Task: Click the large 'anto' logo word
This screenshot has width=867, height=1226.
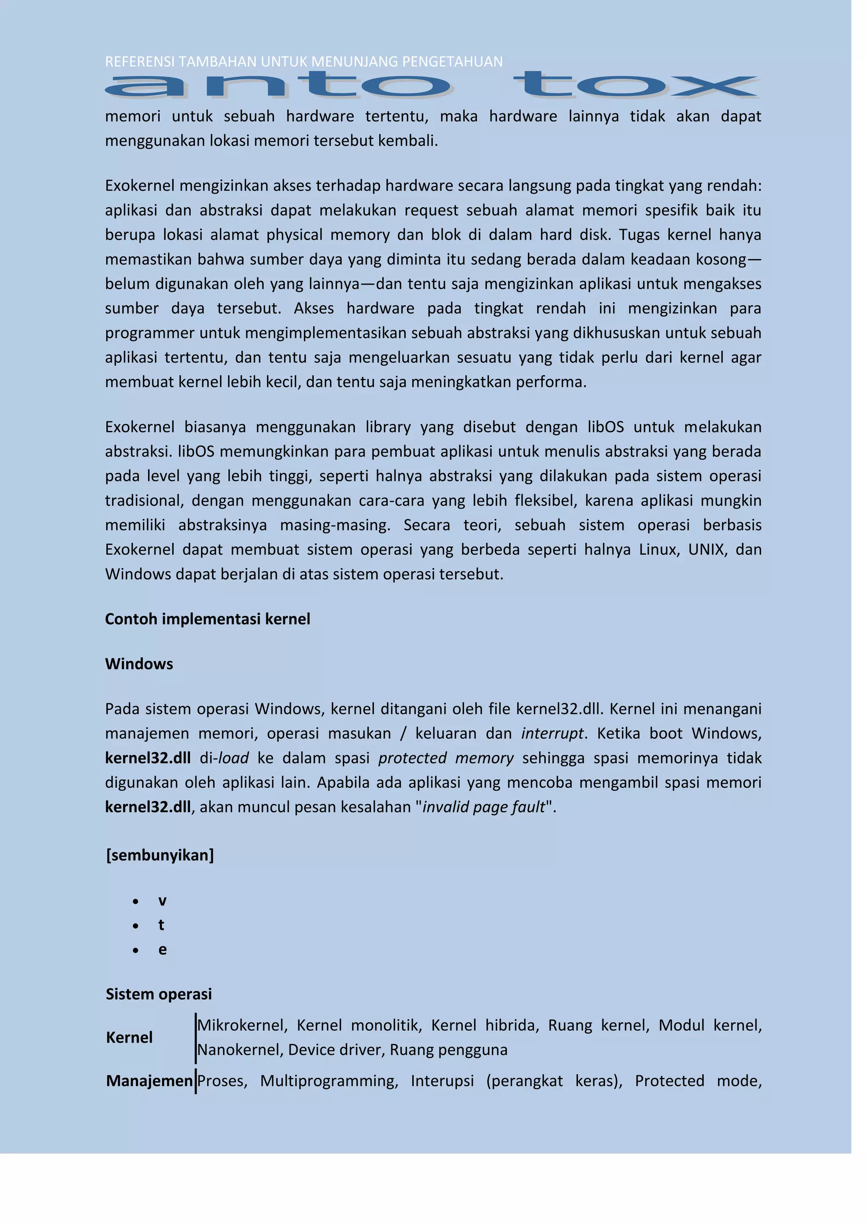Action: click(x=278, y=86)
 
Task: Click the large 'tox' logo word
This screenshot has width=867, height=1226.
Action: click(x=635, y=86)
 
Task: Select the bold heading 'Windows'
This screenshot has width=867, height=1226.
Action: click(x=139, y=664)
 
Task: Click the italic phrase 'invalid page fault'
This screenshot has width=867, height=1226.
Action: click(x=484, y=807)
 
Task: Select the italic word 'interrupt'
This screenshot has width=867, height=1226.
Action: click(x=552, y=733)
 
